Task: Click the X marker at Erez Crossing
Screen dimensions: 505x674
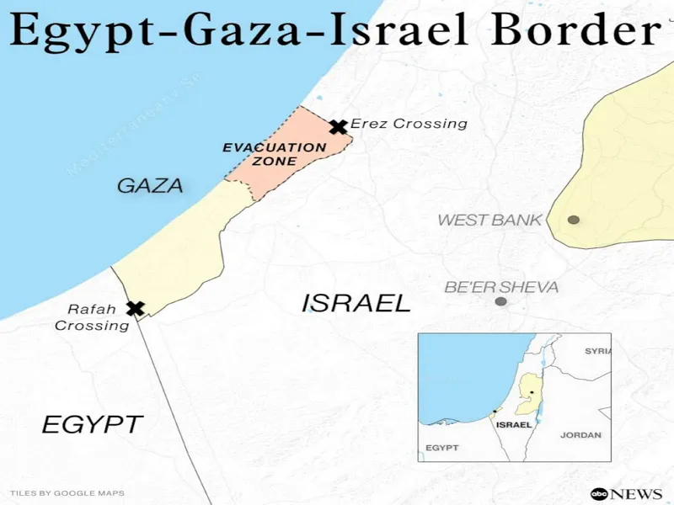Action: coord(339,127)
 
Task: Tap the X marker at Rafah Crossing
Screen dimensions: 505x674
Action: coord(135,308)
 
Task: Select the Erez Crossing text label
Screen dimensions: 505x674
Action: coord(409,124)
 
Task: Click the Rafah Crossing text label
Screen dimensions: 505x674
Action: coord(92,317)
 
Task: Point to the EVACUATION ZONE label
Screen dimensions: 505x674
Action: coord(274,154)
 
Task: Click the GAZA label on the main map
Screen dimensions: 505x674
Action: coord(150,185)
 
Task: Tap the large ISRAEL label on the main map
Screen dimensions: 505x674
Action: coord(356,303)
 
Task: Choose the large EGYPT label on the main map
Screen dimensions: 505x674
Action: coord(93,424)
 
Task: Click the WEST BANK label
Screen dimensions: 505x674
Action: coord(489,221)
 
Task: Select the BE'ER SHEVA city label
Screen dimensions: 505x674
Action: coord(501,287)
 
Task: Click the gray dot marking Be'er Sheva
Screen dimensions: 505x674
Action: coord(501,301)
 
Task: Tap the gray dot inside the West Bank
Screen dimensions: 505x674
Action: coord(574,220)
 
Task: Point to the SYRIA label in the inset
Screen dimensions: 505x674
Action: coord(598,350)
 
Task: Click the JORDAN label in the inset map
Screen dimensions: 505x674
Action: coord(581,435)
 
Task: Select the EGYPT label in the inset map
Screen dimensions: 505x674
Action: coord(442,448)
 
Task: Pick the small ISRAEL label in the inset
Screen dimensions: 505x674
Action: coord(514,425)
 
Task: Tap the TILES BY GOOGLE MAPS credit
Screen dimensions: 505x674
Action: coord(67,492)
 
